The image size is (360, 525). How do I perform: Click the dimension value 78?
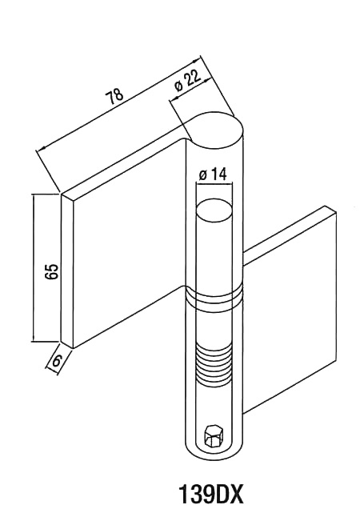114,96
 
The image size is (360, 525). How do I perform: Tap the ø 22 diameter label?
188,81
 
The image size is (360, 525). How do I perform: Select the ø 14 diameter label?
213,174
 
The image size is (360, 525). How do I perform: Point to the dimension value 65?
53,271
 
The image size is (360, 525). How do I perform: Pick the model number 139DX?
210,495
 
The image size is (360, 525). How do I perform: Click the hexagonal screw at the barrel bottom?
214,436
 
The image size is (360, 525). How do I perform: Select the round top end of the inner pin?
214,210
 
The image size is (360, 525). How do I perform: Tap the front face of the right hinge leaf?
289,309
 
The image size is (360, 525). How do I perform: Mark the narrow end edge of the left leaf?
66,271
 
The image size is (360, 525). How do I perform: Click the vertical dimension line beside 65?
34,267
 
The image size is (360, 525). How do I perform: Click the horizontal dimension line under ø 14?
214,182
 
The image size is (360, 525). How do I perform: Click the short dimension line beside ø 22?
190,89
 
